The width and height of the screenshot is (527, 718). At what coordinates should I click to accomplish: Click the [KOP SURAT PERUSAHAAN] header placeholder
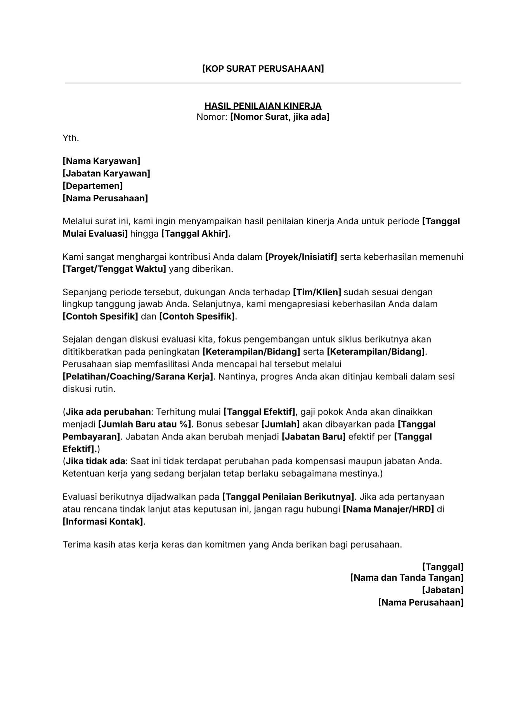(x=263, y=69)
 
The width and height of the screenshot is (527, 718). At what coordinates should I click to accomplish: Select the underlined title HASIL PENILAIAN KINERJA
(x=263, y=106)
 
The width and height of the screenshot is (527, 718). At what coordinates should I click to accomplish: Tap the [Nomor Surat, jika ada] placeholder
(x=279, y=117)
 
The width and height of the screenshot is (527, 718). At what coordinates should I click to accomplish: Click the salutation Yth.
(x=71, y=138)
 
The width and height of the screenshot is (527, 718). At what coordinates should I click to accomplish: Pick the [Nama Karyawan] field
(x=101, y=161)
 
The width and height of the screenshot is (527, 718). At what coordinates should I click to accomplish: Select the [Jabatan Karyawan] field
(x=106, y=173)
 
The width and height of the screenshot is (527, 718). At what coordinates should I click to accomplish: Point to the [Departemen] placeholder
(x=92, y=186)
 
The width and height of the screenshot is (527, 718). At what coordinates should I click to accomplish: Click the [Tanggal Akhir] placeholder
(x=195, y=234)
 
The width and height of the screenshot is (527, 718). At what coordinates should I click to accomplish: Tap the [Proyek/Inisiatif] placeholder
(x=301, y=257)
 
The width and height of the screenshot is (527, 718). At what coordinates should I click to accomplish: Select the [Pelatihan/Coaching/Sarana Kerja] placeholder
(x=138, y=377)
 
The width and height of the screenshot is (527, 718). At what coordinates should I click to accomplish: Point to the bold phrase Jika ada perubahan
(x=108, y=412)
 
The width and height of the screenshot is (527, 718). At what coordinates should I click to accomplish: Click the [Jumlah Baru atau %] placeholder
(x=145, y=424)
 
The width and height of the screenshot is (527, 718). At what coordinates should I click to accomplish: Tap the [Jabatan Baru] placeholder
(x=313, y=437)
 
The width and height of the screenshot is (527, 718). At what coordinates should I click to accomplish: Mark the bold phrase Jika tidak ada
(x=95, y=462)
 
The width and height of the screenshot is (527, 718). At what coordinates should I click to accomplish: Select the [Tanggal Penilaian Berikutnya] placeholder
(x=288, y=497)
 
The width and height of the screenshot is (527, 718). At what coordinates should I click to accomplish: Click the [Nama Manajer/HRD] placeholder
(x=388, y=509)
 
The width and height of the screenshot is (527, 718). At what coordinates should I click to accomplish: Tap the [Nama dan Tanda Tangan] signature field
(x=407, y=578)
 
